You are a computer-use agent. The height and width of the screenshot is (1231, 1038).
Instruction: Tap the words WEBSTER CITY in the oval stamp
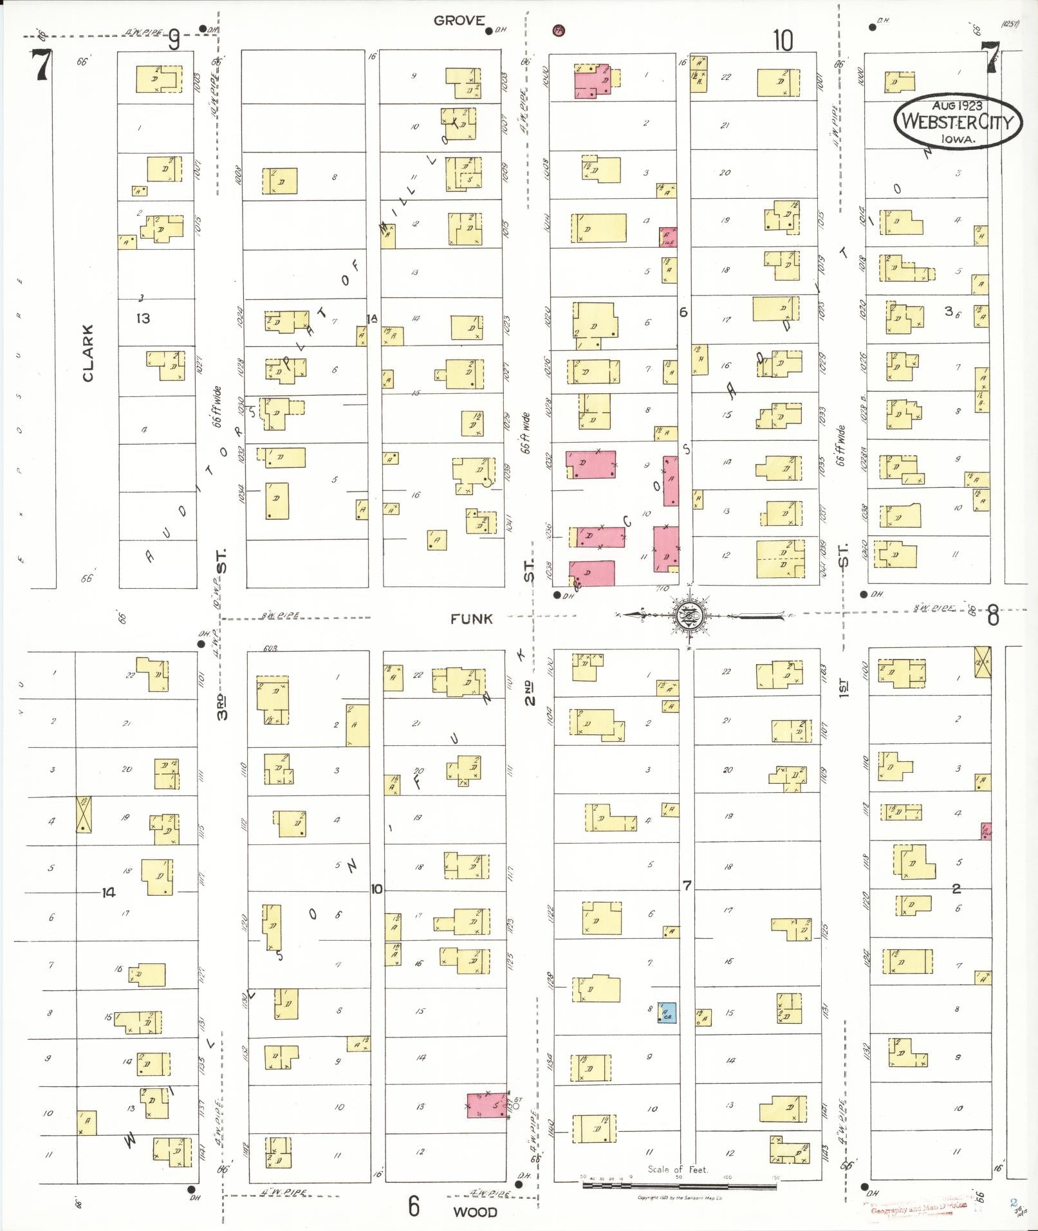pyautogui.click(x=958, y=122)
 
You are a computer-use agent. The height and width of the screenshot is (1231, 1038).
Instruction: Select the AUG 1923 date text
pyautogui.click(x=957, y=104)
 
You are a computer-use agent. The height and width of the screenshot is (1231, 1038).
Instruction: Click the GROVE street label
pyautogui.click(x=458, y=21)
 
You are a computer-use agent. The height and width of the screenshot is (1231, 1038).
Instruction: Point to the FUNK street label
pyautogui.click(x=471, y=619)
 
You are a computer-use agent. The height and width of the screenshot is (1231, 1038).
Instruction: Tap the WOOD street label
pyautogui.click(x=474, y=1212)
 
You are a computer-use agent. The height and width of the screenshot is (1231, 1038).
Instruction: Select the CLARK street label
pyautogui.click(x=88, y=353)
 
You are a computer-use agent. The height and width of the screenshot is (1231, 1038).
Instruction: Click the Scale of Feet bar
pyautogui.click(x=679, y=1185)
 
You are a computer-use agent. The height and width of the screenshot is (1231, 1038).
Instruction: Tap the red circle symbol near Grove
pyautogui.click(x=559, y=30)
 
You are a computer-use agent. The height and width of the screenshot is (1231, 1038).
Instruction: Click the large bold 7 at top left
pyautogui.click(x=42, y=65)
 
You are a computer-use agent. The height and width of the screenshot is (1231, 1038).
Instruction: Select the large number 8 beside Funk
pyautogui.click(x=993, y=616)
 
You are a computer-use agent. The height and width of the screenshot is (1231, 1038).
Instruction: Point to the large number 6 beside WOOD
pyautogui.click(x=413, y=1205)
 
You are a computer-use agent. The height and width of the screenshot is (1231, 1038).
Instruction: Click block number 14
pyautogui.click(x=108, y=893)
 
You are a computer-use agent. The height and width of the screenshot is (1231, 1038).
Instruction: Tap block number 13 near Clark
pyautogui.click(x=143, y=318)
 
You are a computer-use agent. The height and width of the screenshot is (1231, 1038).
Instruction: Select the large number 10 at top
pyautogui.click(x=783, y=41)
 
